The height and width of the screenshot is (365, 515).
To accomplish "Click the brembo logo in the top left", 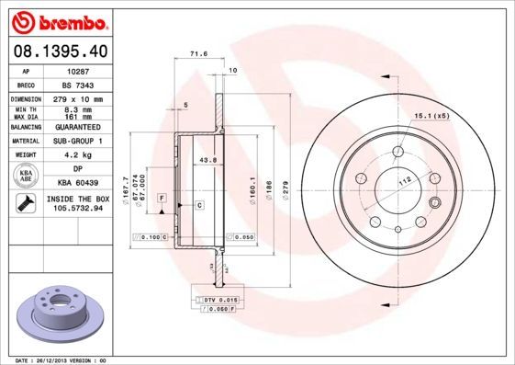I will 57,19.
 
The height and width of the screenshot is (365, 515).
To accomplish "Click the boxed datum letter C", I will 198,204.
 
